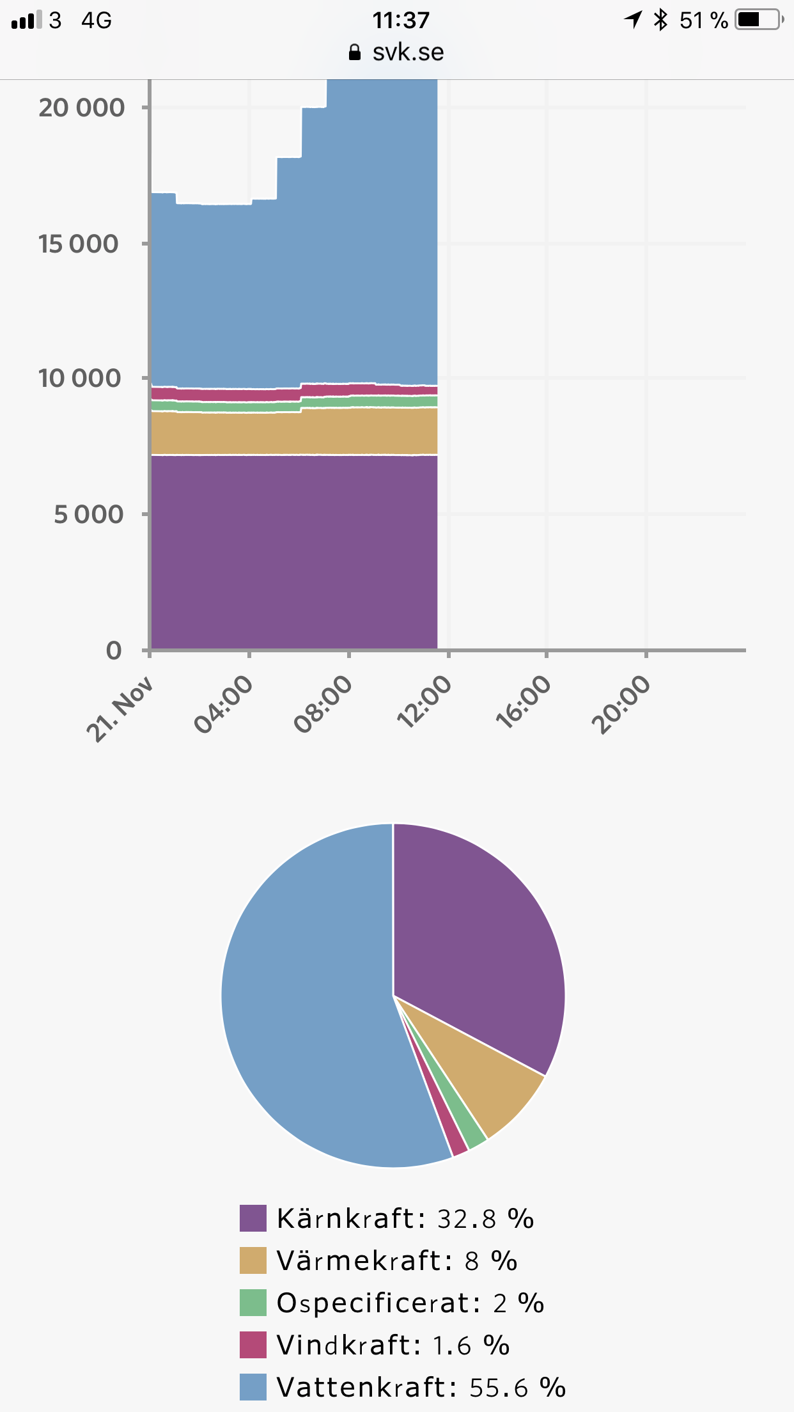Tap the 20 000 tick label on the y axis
point(81,107)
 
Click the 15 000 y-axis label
point(79,244)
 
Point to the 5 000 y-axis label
point(88,514)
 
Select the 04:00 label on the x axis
point(224,705)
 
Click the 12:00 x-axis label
point(424,703)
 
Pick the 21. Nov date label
point(120,709)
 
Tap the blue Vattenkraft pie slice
point(307,1010)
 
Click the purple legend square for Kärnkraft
point(253,1218)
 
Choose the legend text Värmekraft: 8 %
point(396,1261)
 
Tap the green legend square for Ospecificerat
point(253,1303)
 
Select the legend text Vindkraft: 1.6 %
point(393,1345)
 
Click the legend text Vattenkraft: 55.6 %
point(421,1388)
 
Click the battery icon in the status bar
point(759,20)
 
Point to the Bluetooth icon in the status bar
point(660,20)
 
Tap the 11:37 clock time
point(401,20)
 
